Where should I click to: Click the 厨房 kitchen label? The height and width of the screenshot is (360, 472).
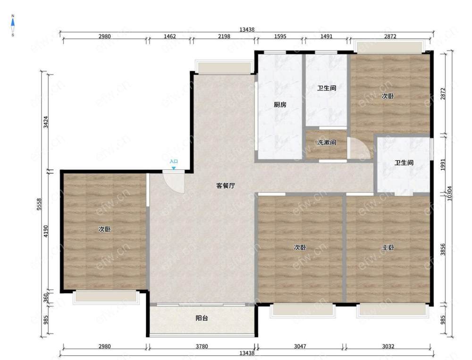(x=280, y=105)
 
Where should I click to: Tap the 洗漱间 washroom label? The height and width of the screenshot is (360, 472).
(x=327, y=142)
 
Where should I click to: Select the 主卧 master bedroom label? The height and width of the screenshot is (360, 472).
(x=388, y=248)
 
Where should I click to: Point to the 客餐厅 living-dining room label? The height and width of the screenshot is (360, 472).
(x=226, y=186)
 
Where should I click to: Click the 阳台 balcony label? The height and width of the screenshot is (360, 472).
(x=202, y=318)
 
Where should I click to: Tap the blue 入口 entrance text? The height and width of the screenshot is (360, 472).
(x=174, y=162)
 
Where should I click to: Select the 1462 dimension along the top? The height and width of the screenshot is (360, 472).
(x=170, y=36)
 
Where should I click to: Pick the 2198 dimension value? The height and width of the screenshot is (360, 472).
(x=224, y=36)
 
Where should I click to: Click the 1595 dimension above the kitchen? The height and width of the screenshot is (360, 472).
(x=280, y=36)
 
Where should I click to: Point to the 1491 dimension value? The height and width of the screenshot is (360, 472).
(x=326, y=36)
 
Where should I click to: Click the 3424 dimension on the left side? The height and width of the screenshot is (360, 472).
(x=46, y=122)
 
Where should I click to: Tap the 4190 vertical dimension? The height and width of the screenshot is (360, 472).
(x=46, y=231)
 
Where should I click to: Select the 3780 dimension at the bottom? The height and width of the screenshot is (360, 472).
(x=202, y=346)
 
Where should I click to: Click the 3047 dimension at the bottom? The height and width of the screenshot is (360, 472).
(x=300, y=346)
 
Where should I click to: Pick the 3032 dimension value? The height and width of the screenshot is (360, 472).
(x=388, y=346)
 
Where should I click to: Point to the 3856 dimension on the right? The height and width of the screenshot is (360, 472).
(x=443, y=250)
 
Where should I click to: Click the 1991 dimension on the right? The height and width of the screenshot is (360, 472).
(x=443, y=165)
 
